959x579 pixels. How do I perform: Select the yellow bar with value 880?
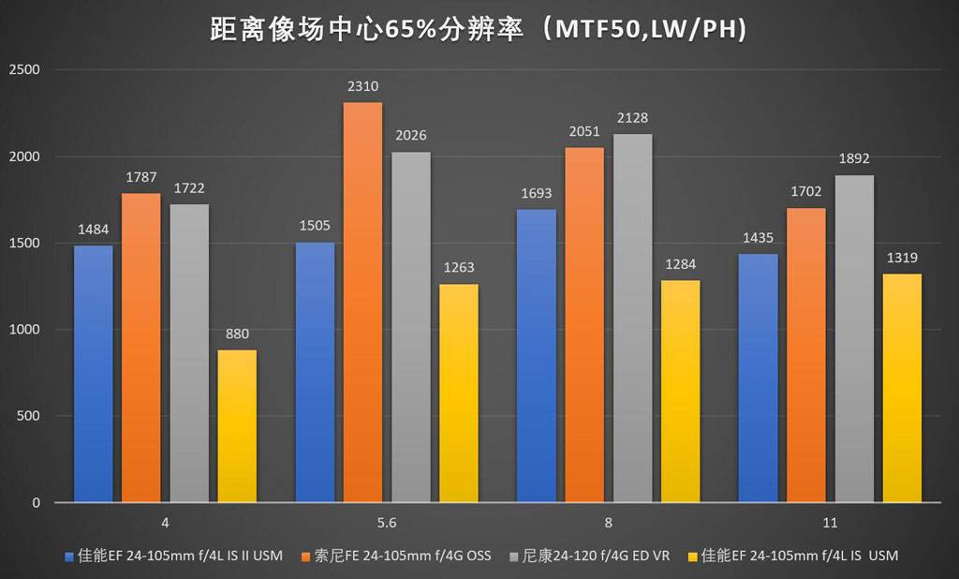tap(237, 426)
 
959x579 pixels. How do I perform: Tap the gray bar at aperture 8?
tap(633, 319)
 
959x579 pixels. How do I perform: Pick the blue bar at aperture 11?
tap(758, 379)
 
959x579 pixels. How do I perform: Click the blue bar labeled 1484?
tap(93, 374)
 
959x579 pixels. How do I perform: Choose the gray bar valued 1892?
tap(854, 339)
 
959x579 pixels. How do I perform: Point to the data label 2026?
tap(411, 136)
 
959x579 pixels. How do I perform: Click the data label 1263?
tap(459, 268)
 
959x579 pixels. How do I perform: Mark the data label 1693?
tap(537, 194)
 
